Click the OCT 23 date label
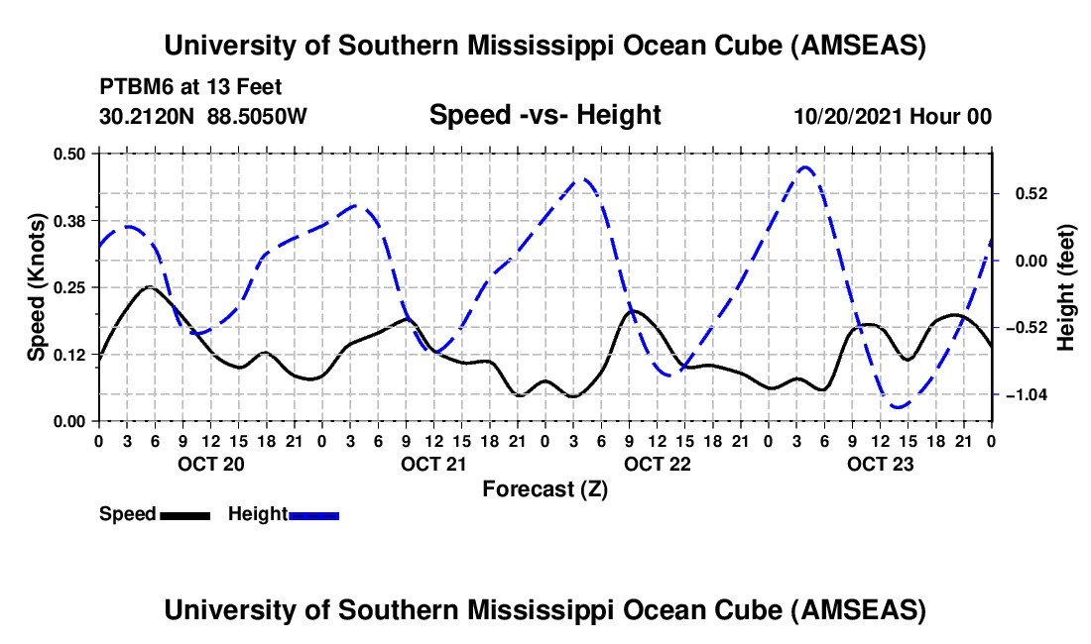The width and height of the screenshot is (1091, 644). pyautogui.click(x=879, y=464)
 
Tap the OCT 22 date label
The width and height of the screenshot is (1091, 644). pyautogui.click(x=657, y=464)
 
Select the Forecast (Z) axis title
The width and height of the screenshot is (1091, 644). pyautogui.click(x=545, y=488)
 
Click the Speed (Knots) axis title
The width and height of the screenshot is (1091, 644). pyautogui.click(x=36, y=287)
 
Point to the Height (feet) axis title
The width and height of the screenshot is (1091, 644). pyautogui.click(x=1066, y=287)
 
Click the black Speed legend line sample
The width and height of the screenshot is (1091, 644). pyautogui.click(x=184, y=515)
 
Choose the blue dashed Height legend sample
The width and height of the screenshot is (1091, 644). pyautogui.click(x=314, y=515)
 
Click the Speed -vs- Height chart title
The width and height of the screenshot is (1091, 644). pyautogui.click(x=545, y=115)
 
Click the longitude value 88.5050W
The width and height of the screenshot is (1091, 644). pyautogui.click(x=257, y=117)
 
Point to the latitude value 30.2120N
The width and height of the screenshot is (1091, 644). pyautogui.click(x=148, y=117)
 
